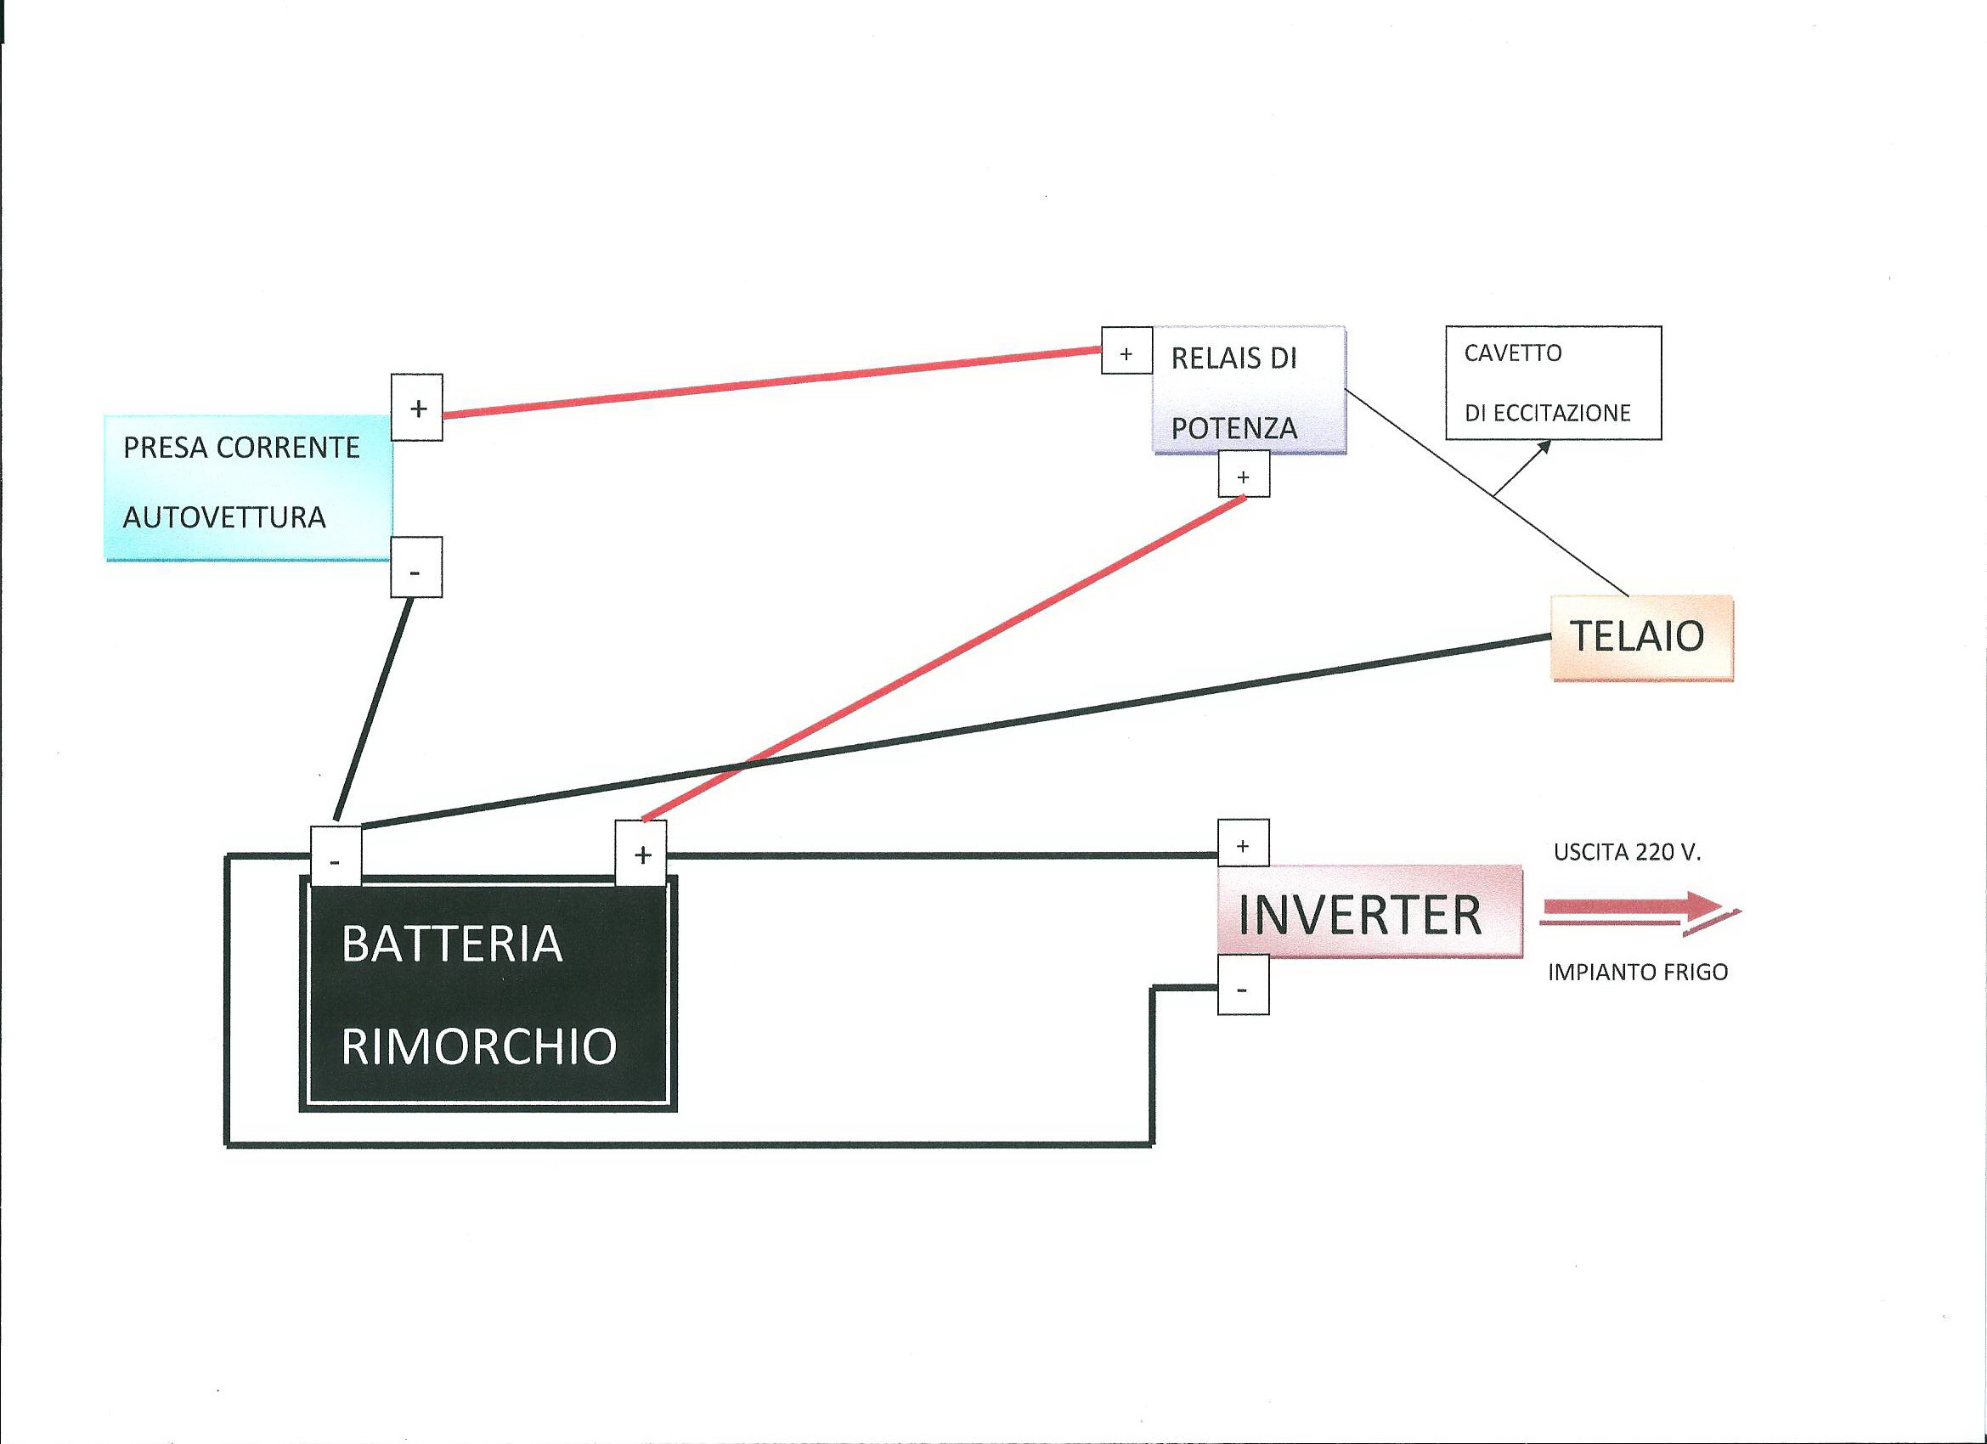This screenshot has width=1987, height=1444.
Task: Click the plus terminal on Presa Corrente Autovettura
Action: coord(417,408)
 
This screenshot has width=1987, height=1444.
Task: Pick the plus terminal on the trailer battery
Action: coord(641,854)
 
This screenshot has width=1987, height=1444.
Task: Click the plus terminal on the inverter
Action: coord(1243,843)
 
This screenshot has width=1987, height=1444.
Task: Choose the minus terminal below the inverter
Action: coord(1243,988)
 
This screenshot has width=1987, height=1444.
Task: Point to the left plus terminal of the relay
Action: coord(1126,352)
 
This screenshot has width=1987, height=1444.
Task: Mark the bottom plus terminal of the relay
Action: coord(1244,475)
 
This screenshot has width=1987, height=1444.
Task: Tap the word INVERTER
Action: coord(1360,915)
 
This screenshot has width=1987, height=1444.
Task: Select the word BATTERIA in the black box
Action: coord(452,944)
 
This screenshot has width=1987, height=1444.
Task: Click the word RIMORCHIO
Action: coord(479,1046)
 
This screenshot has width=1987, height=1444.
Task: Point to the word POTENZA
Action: coord(1233,428)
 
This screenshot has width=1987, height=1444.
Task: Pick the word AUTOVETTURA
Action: coord(224,517)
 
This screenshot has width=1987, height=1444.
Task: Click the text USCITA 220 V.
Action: coord(1627,853)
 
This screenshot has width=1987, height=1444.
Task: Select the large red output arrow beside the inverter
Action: coord(1638,911)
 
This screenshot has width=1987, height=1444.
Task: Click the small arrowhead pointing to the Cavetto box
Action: coord(1544,446)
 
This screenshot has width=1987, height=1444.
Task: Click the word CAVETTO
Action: coord(1513,353)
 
